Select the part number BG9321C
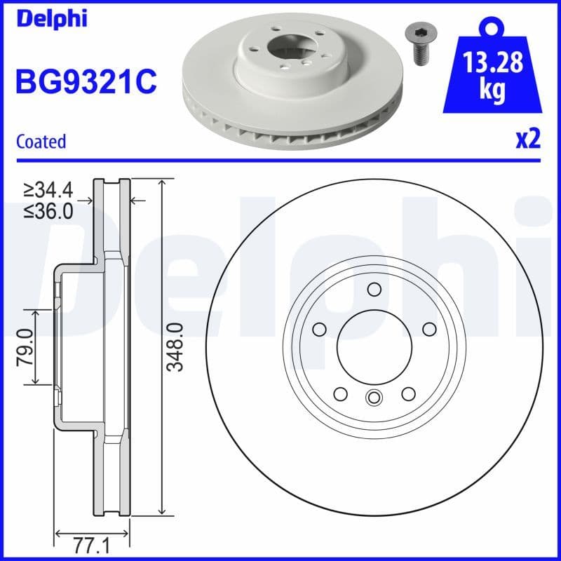coord(86,83)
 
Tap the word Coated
coord(41,142)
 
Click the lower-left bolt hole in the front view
coord(341,393)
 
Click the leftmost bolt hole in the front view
coord(320,330)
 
